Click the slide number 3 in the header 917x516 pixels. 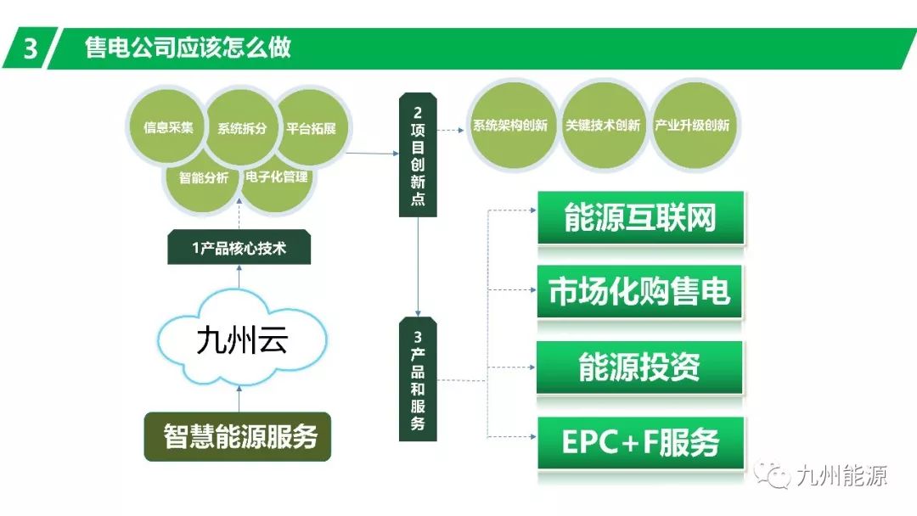coord(31,48)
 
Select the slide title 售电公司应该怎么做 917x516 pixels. coord(188,48)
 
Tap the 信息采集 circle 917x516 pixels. coord(167,128)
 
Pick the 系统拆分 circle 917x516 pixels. coord(242,128)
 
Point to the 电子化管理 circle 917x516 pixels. coord(277,178)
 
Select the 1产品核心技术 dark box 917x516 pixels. coord(239,249)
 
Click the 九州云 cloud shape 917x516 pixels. coord(241,340)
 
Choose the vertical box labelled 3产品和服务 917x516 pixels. coord(418,379)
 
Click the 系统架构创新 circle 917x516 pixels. coord(509,126)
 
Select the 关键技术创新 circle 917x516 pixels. coord(602,126)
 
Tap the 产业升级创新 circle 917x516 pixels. coord(693,126)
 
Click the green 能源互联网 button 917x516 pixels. coord(640,218)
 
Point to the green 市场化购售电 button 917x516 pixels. coord(640,292)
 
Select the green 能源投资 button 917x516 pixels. coord(640,367)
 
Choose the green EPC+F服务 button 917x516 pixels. coord(640,441)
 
